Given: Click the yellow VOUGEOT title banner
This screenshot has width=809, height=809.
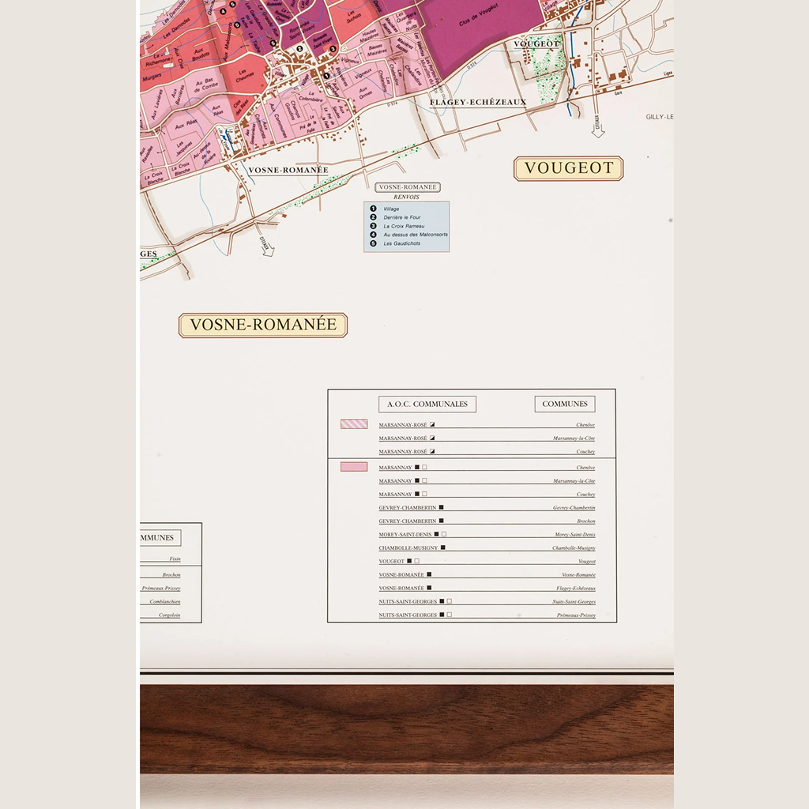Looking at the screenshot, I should pos(569,168).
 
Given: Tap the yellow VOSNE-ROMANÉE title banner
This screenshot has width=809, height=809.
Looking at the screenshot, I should pos(263,325).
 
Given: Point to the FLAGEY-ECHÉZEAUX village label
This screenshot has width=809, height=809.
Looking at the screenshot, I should pos(478,102).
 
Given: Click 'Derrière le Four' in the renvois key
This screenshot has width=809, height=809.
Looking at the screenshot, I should pos(402,217).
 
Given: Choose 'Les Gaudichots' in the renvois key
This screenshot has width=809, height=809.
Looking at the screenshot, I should pos(401,243).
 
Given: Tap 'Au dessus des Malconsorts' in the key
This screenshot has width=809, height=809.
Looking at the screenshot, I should pos(416,235).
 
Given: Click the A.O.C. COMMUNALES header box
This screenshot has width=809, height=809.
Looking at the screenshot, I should pos(427,404).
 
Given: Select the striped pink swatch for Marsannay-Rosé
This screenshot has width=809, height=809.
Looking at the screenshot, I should pos(354,424).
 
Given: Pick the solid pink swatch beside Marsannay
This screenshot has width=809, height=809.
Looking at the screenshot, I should pos(354,467).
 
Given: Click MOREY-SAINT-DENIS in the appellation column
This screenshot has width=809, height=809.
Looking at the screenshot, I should pos(404,535).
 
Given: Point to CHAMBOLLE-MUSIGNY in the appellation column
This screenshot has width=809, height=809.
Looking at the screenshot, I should pos(407,548).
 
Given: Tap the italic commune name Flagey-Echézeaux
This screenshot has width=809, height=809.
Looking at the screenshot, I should pos(575,589).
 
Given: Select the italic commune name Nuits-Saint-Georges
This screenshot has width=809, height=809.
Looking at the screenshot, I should pos(574,602).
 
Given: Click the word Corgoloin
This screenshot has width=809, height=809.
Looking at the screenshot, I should pos(169,615).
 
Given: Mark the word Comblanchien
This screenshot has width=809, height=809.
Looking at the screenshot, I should pos(164,601).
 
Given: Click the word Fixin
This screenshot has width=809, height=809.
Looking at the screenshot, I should pos(175,559).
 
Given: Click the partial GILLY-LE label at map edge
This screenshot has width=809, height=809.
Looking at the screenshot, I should pos(659,117).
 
